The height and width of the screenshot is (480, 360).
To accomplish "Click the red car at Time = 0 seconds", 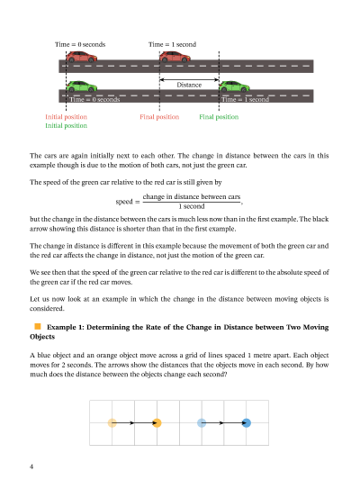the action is point(82,57).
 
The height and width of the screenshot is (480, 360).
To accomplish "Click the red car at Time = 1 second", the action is point(175,57).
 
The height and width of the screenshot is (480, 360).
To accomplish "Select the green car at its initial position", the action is point(82,86).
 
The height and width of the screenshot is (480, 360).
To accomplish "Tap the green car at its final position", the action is point(234,86).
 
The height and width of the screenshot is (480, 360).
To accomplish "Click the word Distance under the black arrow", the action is point(189,85).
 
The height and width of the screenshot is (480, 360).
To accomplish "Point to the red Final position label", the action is point(159,117).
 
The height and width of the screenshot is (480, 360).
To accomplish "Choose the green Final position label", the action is point(219,117).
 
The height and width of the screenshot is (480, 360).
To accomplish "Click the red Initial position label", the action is point(66,117).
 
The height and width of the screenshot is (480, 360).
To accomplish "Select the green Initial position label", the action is point(66,125).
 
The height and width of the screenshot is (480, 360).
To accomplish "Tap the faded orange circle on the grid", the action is point(112,422).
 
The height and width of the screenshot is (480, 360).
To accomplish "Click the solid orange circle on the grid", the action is point(157,422).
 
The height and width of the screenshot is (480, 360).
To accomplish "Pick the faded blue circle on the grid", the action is point(202,422).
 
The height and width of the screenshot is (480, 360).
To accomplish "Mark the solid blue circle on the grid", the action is point(247,422).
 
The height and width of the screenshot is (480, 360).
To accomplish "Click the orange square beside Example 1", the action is point(38,326).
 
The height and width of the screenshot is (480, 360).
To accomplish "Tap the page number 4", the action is point(31,466).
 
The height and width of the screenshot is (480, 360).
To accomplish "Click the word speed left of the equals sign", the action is point(124,202).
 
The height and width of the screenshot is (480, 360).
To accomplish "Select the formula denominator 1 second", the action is point(192,206).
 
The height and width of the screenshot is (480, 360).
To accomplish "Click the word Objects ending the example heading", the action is point(42,337).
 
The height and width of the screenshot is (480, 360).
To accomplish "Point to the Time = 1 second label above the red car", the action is point(172,44).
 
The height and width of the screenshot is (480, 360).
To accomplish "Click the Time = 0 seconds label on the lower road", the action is point(94,99).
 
